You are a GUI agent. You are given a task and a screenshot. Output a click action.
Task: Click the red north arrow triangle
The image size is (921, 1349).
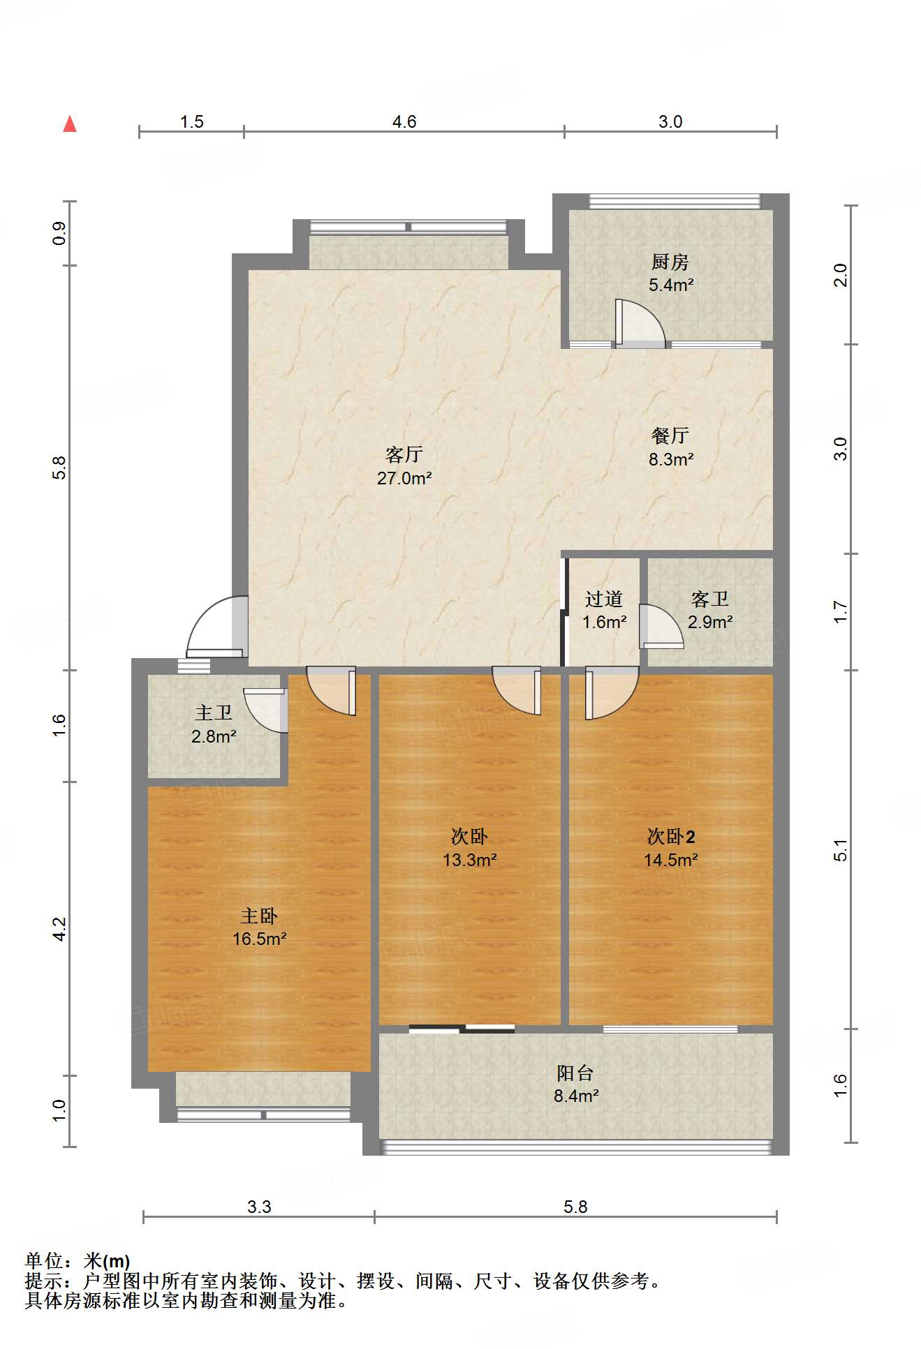[x=70, y=124]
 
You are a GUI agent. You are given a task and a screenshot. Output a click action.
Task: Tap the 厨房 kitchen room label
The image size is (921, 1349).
[x=670, y=262]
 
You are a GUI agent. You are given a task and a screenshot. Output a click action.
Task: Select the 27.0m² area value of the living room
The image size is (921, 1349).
[x=404, y=479]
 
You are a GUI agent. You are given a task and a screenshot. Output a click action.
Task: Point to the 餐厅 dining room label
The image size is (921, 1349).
[x=670, y=436]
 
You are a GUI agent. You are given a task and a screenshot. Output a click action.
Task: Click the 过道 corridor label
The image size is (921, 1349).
[x=603, y=599]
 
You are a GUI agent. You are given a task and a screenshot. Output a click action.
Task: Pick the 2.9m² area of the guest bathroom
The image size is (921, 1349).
[x=710, y=622]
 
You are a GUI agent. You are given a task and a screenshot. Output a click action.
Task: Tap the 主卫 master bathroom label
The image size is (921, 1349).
[x=214, y=713]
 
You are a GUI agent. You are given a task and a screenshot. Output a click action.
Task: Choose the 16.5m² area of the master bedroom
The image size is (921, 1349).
[x=260, y=939]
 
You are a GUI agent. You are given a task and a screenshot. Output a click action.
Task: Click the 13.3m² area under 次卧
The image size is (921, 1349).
[x=470, y=860]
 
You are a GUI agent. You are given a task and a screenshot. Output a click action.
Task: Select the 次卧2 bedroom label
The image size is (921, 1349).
[x=671, y=836]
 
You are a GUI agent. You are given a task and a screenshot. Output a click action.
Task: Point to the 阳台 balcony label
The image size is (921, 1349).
[x=575, y=1073]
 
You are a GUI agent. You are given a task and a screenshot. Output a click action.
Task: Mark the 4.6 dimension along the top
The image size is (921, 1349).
[x=404, y=122]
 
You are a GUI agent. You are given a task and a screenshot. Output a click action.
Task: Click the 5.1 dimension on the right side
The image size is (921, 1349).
[x=841, y=850]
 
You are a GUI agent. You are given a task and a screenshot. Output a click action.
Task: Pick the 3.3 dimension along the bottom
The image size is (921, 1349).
[x=259, y=1207]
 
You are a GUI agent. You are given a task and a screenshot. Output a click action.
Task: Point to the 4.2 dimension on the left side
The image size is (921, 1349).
[x=60, y=929]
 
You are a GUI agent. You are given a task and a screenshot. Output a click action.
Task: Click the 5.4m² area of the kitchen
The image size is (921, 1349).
[x=671, y=285]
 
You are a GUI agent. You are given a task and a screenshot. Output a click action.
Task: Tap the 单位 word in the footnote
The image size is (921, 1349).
[x=44, y=1260]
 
